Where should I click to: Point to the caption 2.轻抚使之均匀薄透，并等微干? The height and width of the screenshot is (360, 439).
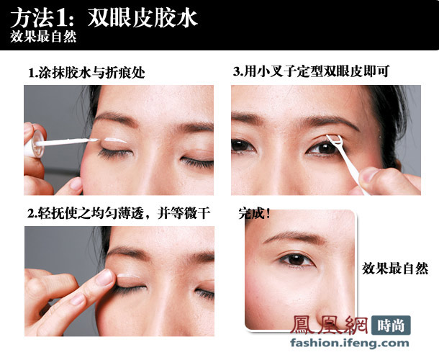118,214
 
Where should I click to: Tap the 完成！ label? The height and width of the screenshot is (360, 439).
254,213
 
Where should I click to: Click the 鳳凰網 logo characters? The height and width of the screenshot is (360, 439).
335,325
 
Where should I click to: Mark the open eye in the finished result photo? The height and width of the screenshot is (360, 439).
295,258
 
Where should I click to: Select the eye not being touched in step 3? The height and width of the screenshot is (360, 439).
245,145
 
